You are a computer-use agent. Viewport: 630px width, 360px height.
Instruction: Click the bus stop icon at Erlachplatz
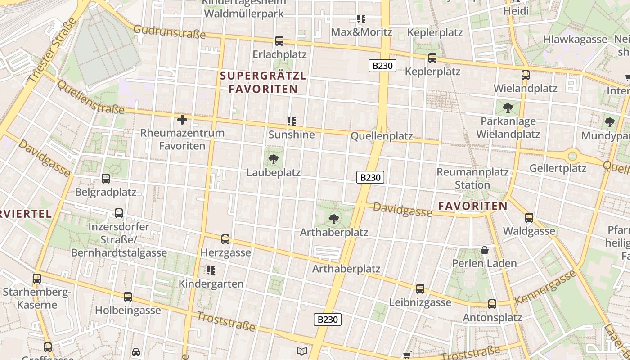[279, 41]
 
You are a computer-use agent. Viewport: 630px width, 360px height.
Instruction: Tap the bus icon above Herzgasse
[225, 239]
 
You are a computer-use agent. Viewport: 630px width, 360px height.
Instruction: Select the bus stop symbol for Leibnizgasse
[420, 289]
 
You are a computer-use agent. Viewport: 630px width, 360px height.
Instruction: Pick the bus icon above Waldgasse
[529, 218]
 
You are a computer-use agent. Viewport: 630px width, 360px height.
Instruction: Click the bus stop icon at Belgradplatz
[106, 179]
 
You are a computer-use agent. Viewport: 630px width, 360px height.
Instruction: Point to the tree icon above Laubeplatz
[273, 159]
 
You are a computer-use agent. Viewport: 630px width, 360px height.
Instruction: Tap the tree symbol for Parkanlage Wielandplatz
[508, 108]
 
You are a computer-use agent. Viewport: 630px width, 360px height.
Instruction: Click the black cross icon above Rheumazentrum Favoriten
[182, 120]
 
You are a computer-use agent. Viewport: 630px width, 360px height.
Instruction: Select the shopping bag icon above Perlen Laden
[485, 250]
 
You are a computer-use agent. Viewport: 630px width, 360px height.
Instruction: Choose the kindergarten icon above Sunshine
[292, 121]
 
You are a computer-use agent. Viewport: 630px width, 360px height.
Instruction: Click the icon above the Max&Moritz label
[361, 19]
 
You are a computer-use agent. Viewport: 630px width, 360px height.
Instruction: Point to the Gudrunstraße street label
[170, 32]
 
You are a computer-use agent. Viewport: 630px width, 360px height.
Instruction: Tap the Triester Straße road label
[52, 51]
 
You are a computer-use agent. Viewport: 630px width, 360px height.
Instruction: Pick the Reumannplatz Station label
[472, 178]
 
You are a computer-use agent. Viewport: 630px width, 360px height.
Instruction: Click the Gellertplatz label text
[558, 168]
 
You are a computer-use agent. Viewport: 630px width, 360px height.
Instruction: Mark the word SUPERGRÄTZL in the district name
[263, 76]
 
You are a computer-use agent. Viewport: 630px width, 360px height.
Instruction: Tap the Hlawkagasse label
[575, 39]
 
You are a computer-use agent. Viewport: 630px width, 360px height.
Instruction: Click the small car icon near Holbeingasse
[136, 352]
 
